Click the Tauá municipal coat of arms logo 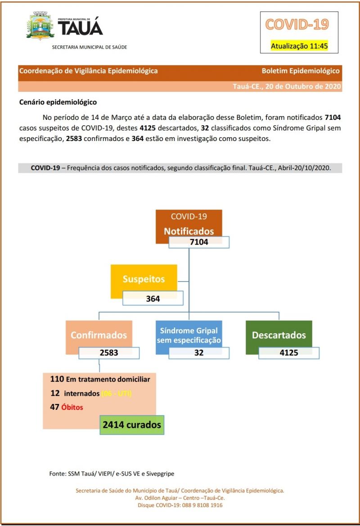pyautogui.click(x=41, y=26)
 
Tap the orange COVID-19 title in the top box pyautogui.click(x=297, y=24)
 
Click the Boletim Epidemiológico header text pyautogui.click(x=301, y=71)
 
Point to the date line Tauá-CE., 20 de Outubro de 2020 pyautogui.click(x=287, y=86)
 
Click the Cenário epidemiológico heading pyautogui.click(x=58, y=102)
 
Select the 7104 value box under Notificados pyautogui.click(x=199, y=242)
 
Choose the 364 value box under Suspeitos pyautogui.click(x=153, y=298)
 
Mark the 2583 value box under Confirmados pyautogui.click(x=109, y=353)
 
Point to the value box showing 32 pyautogui.click(x=199, y=353)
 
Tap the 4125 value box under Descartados pyautogui.click(x=289, y=353)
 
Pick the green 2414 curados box pyautogui.click(x=131, y=424)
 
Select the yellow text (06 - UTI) pyautogui.click(x=116, y=393)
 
